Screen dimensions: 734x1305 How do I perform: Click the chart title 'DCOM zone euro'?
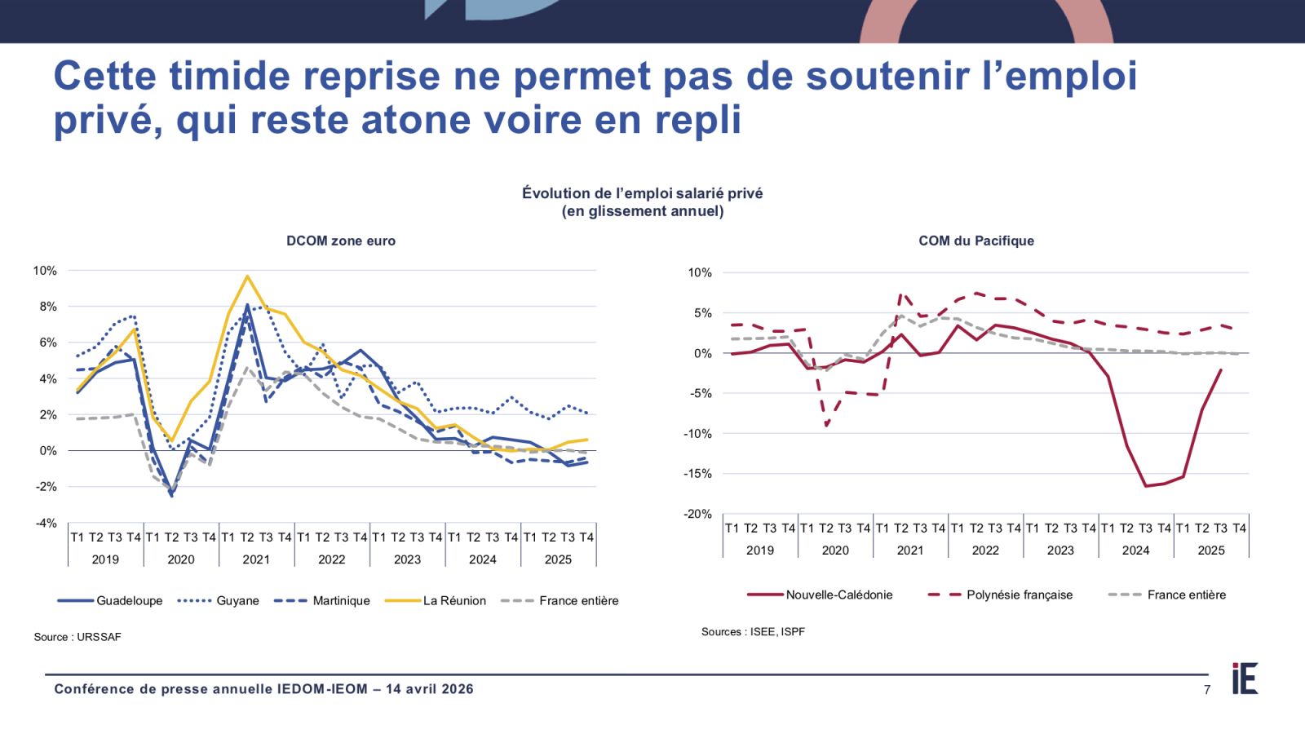(x=341, y=241)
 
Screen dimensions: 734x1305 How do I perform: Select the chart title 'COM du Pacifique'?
(x=976, y=241)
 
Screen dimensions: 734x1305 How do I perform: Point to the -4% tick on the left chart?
(x=46, y=523)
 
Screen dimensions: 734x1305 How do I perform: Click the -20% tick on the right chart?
(x=698, y=514)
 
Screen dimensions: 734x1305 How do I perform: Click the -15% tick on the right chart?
(x=698, y=474)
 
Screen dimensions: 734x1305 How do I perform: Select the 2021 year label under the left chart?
(x=256, y=559)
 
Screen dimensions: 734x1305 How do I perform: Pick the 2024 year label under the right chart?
(x=1135, y=550)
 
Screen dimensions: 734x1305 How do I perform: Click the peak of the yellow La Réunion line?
(x=247, y=276)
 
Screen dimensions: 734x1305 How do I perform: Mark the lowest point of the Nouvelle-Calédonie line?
(x=1145, y=486)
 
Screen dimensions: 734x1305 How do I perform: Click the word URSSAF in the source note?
(x=99, y=637)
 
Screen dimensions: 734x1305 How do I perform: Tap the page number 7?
(x=1207, y=690)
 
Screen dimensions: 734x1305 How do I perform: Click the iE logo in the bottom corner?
(x=1245, y=679)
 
